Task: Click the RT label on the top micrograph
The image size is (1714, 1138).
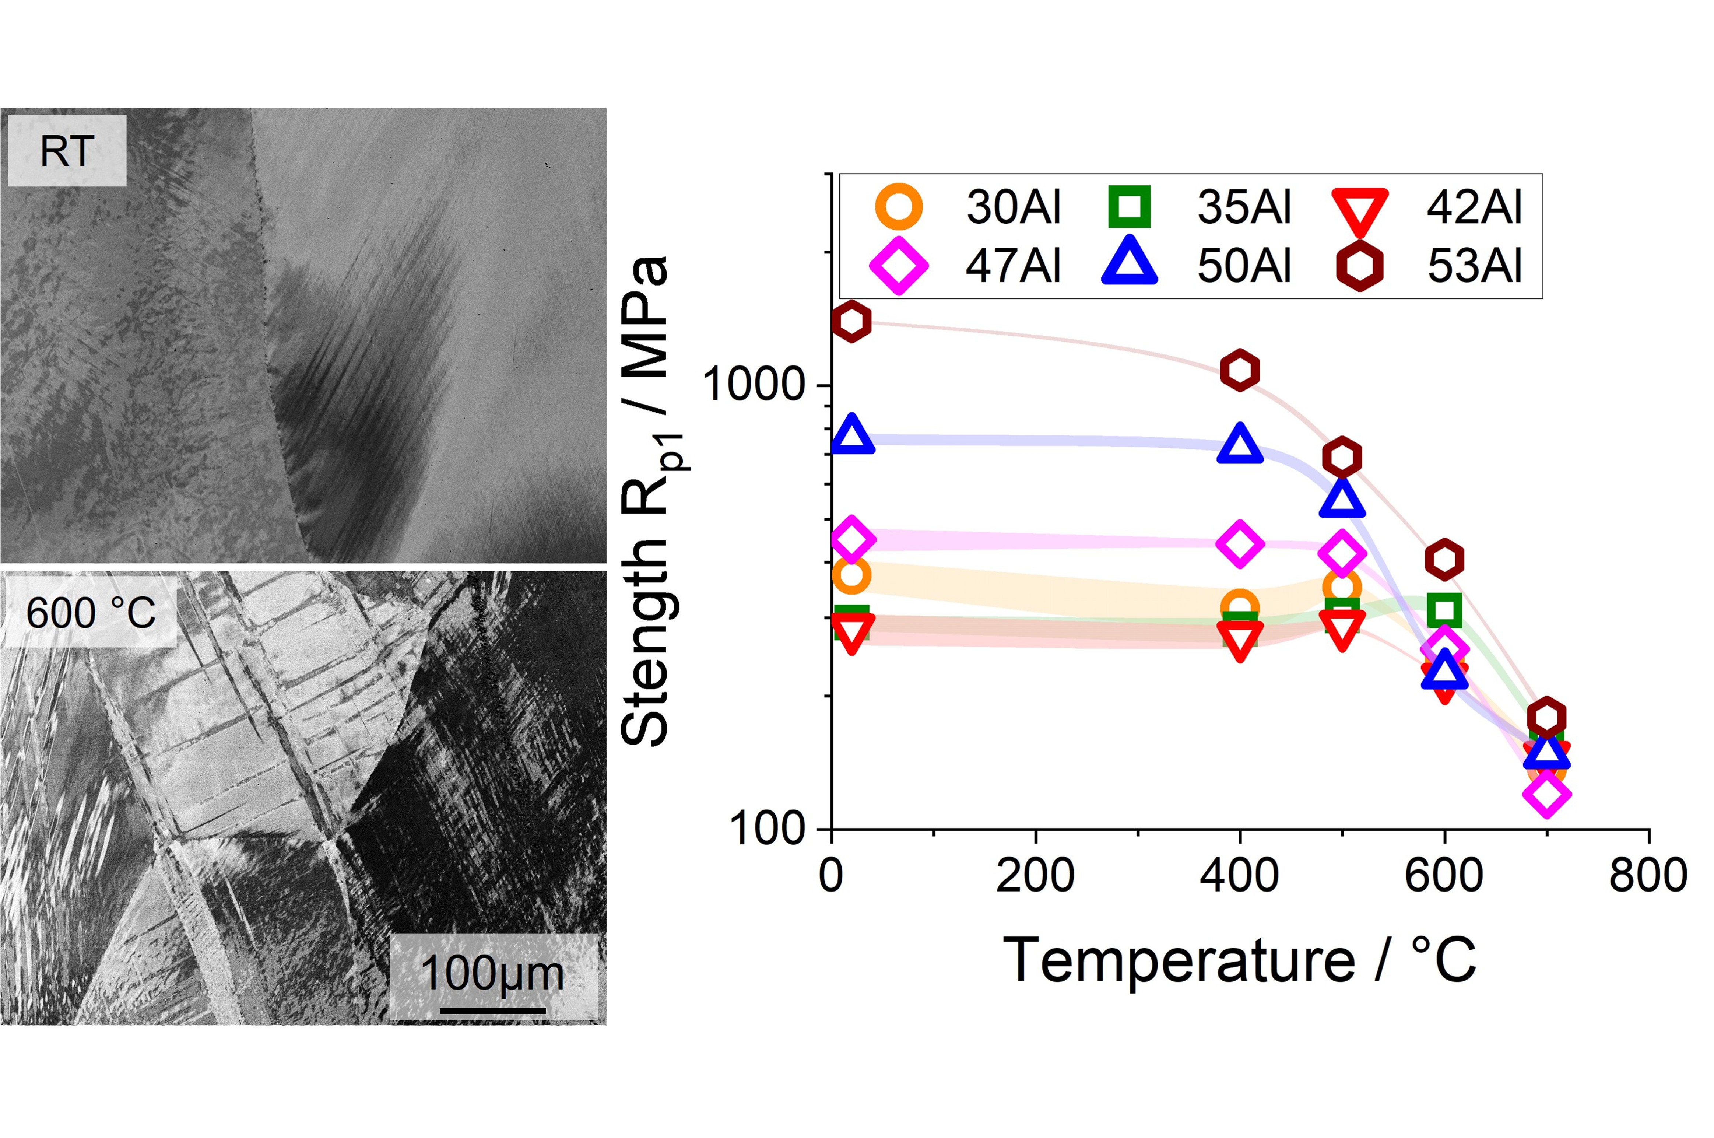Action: point(67,151)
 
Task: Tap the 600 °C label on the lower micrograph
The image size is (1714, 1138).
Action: point(91,613)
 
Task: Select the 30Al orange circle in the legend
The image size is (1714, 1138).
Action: point(899,206)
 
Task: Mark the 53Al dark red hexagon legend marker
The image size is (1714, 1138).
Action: point(1359,266)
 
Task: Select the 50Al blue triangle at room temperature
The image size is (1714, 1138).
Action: point(852,436)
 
